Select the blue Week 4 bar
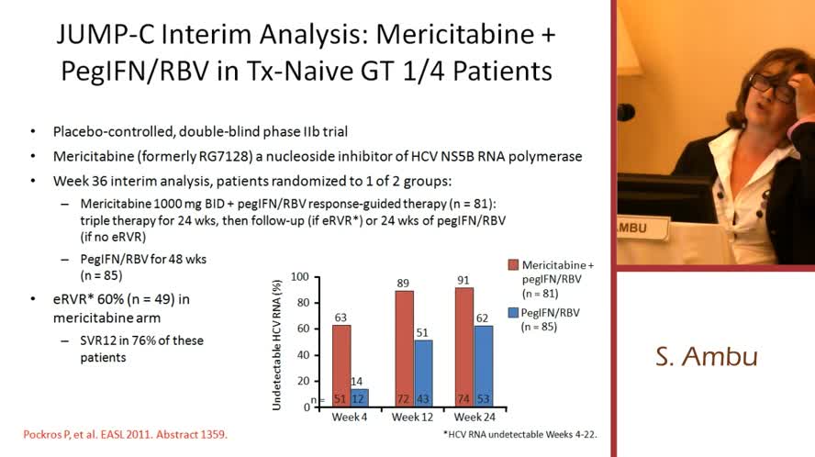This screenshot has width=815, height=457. click(x=359, y=397)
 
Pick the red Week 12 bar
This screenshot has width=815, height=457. click(x=405, y=349)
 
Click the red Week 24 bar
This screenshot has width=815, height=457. click(x=464, y=347)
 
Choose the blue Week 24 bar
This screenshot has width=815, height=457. click(x=483, y=365)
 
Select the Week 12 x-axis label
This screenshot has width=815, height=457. click(x=412, y=418)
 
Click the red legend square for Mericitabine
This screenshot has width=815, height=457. click(x=513, y=265)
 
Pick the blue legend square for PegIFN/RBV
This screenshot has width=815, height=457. click(x=513, y=312)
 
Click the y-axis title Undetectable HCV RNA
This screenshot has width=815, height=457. click(x=276, y=340)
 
